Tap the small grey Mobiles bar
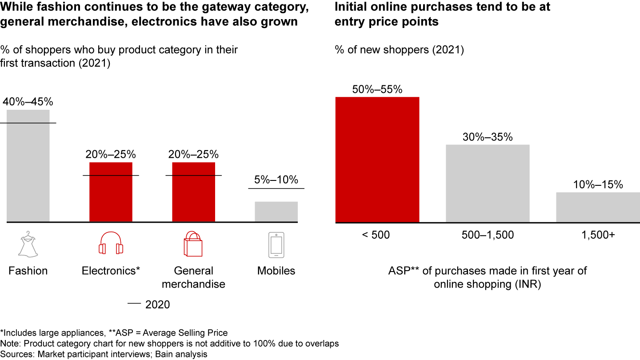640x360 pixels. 276,212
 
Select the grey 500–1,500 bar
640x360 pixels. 488,183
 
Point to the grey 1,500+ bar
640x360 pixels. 598,207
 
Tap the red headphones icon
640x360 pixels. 111,244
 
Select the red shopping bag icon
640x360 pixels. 193,244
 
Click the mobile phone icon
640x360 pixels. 276,244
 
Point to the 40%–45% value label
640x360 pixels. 28,102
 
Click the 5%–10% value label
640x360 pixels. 276,180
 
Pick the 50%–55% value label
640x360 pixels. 377,89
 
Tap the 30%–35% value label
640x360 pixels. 488,137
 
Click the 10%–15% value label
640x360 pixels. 598,185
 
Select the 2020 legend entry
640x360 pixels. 149,304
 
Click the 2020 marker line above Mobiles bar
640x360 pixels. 276,188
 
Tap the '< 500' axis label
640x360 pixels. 376,235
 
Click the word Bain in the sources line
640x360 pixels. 160,354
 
